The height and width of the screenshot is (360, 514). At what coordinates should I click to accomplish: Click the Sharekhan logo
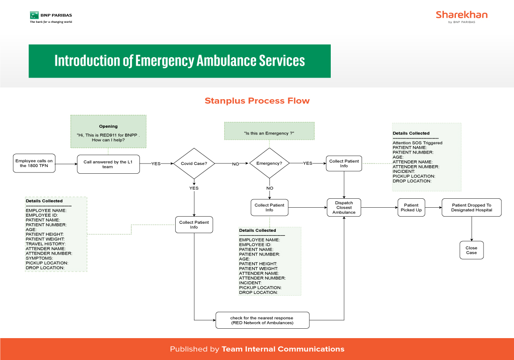(462, 17)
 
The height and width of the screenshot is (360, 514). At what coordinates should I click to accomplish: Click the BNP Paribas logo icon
(34, 15)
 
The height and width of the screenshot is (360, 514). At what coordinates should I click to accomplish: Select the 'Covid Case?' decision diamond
(194, 163)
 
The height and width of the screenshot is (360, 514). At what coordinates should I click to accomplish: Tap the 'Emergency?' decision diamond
(270, 163)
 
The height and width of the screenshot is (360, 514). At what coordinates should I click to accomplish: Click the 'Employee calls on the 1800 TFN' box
(34, 163)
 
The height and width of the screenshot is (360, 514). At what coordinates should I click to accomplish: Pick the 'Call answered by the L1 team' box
(108, 164)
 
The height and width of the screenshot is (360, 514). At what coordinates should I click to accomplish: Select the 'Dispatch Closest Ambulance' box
(344, 208)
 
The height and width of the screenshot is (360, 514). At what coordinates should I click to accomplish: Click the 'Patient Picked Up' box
(411, 208)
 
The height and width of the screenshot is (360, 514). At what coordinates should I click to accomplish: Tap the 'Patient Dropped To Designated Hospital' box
(472, 208)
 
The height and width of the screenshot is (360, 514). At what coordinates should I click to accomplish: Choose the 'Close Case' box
(472, 250)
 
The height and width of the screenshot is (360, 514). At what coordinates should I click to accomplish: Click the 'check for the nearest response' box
(262, 320)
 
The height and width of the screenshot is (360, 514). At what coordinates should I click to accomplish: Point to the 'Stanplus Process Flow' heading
(257, 101)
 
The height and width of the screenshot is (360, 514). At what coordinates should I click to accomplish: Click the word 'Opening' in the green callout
(108, 126)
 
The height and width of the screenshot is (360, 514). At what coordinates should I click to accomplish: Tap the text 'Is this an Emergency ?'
(269, 133)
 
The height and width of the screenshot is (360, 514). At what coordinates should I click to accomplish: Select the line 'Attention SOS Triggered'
(417, 143)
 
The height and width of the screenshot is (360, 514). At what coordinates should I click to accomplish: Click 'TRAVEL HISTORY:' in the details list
(46, 244)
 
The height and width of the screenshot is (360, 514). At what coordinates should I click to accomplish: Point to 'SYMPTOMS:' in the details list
(39, 258)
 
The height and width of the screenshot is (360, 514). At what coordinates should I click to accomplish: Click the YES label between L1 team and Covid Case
(156, 164)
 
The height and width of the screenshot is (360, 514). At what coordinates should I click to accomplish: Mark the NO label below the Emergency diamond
(270, 188)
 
